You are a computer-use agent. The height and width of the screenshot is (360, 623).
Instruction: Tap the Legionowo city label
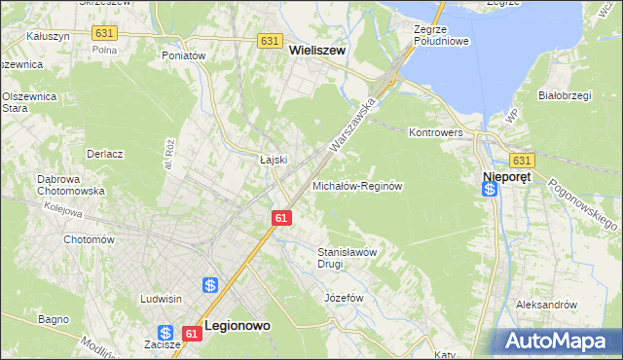pyautogui.click(x=238, y=328)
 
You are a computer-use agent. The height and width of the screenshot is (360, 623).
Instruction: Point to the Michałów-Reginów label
pyautogui.click(x=357, y=185)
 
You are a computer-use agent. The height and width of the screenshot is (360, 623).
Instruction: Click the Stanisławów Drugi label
pyautogui.click(x=348, y=258)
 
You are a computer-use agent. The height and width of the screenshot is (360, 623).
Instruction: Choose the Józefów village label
pyautogui.click(x=344, y=297)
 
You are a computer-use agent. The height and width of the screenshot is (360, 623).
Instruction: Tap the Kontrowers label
pyautogui.click(x=434, y=130)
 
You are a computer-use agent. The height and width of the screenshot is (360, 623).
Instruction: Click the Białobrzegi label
pyautogui.click(x=566, y=95)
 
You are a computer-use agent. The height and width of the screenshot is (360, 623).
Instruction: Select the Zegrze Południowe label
pyautogui.click(x=441, y=35)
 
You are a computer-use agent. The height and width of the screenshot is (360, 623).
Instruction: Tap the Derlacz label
pyautogui.click(x=104, y=154)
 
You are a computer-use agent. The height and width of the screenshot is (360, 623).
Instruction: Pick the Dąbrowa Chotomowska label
pyautogui.click(x=70, y=185)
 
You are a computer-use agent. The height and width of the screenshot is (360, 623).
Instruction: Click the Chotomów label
pyautogui.click(x=89, y=239)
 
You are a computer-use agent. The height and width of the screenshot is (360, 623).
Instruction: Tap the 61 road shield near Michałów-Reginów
pyautogui.click(x=281, y=219)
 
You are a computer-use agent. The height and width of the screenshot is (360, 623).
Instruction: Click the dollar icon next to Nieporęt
pyautogui.click(x=490, y=189)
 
